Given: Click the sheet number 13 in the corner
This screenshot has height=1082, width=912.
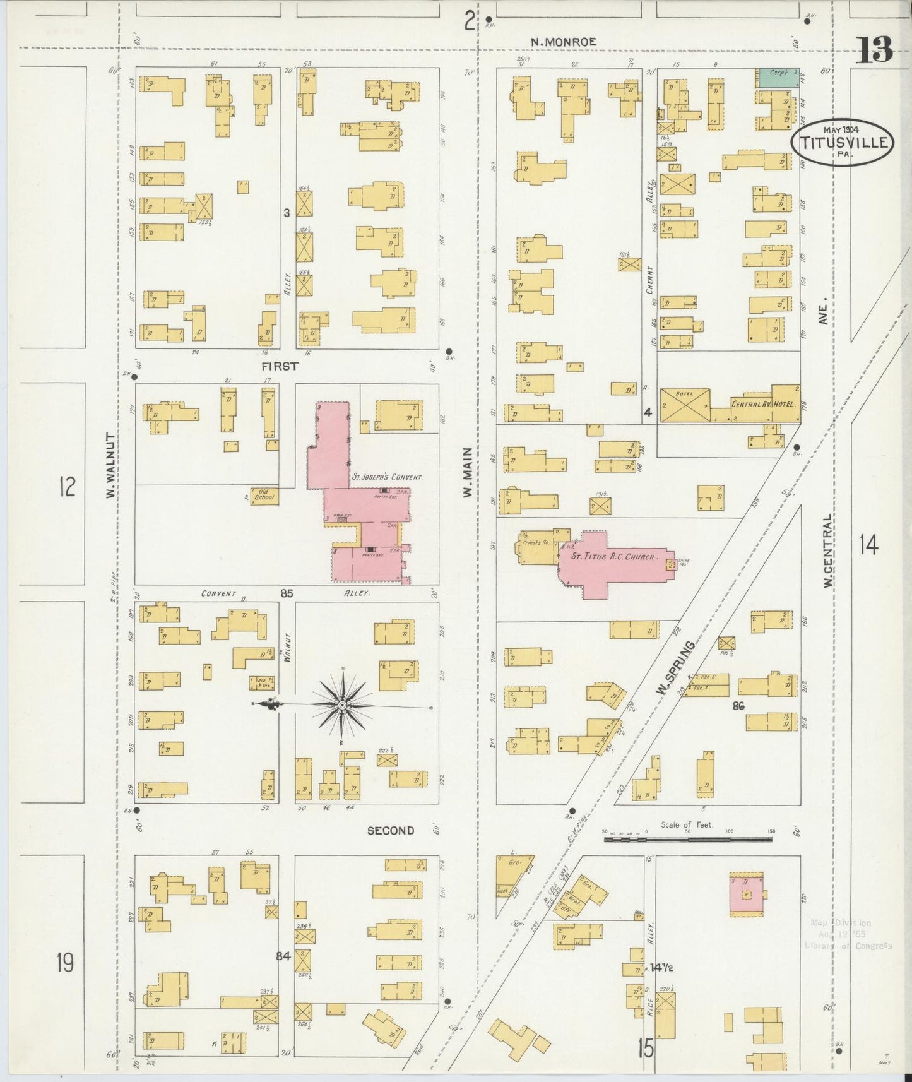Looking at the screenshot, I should [875, 51].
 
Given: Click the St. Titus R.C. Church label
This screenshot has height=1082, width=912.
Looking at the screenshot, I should [614, 557].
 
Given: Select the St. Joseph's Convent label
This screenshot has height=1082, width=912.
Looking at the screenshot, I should [387, 478].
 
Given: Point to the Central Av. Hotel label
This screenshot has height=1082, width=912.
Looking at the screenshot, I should [763, 403].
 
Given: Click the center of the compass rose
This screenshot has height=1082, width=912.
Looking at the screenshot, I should [341, 704].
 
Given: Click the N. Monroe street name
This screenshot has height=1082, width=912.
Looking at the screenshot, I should [563, 42].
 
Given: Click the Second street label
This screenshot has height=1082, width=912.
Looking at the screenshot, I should [391, 831].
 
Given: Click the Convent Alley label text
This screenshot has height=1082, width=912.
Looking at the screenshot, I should [218, 593].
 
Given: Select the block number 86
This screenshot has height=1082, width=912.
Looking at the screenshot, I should [738, 706].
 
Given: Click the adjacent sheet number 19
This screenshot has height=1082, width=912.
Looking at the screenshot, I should [64, 963].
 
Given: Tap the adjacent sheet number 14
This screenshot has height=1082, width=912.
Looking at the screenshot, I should [868, 544].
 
